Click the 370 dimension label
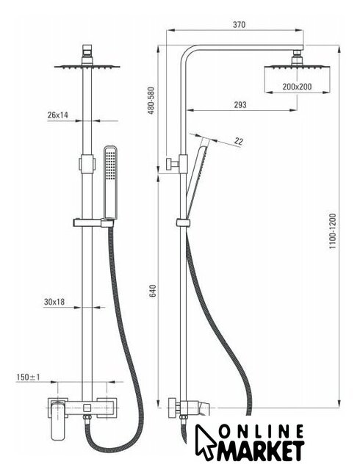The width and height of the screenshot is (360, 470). click(239, 24)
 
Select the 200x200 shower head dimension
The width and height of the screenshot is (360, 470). click(297, 87)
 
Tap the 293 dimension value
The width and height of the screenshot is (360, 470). click(240, 104)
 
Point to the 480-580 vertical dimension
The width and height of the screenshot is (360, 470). click(151, 101)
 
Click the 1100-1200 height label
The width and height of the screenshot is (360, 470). click(333, 231)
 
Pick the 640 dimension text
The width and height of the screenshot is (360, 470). click(152, 291)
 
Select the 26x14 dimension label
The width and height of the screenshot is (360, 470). click(58, 115)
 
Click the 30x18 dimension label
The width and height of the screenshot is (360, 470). click(54, 302)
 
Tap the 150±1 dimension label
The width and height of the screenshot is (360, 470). click(28, 377)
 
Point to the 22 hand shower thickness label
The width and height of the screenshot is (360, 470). click(239, 141)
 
